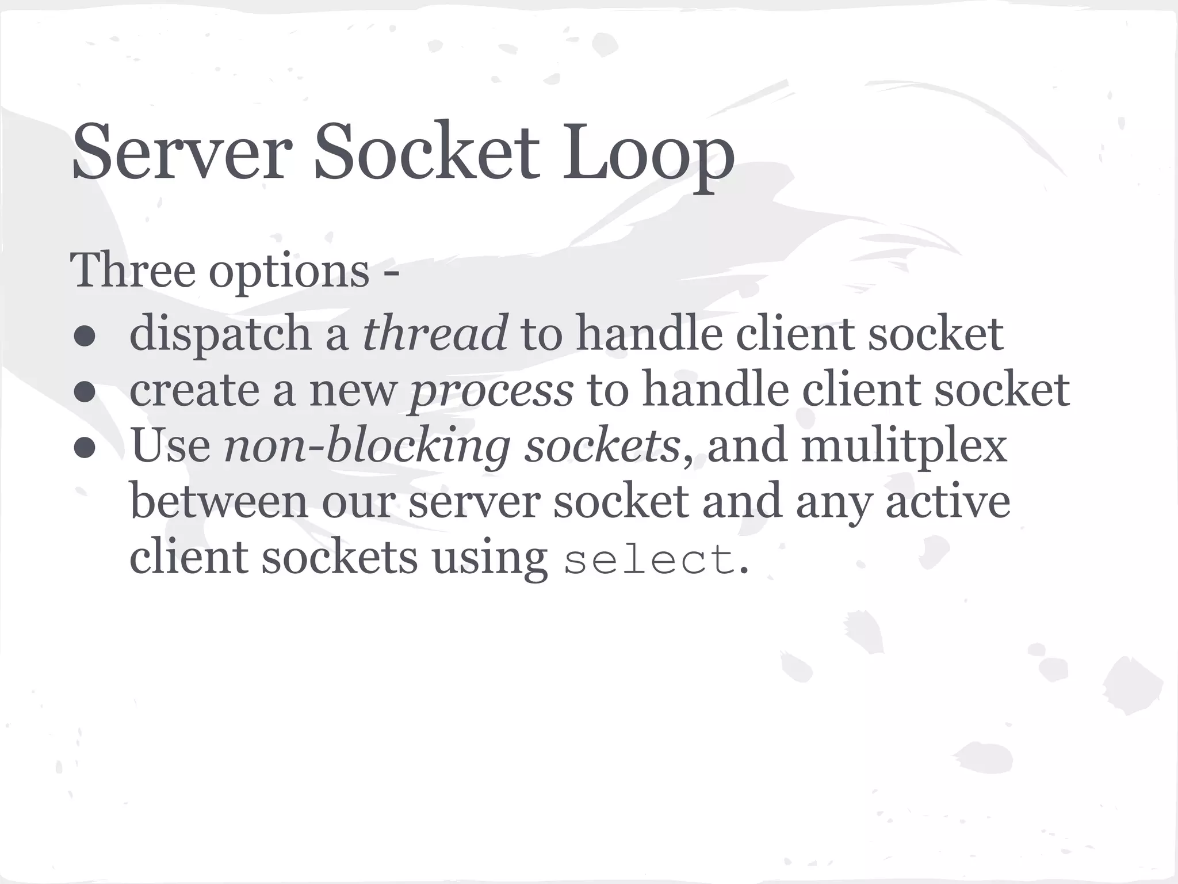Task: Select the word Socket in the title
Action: (x=426, y=152)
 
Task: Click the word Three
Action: (x=132, y=270)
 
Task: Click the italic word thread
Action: (x=435, y=333)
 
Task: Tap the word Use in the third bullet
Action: (x=171, y=446)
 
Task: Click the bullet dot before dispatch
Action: (x=84, y=337)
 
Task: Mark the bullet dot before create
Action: (x=84, y=393)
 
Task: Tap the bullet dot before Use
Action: (x=84, y=448)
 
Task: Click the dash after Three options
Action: (x=391, y=273)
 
